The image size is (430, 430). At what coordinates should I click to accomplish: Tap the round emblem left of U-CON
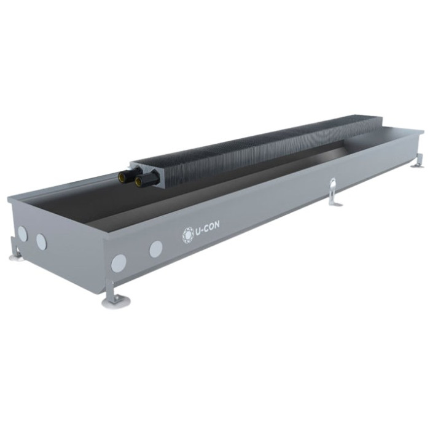tap(188, 235)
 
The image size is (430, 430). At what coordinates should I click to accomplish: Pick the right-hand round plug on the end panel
tap(41, 242)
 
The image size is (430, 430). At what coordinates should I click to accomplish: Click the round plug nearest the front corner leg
tap(119, 263)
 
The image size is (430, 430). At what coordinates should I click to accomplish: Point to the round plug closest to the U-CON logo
tap(156, 249)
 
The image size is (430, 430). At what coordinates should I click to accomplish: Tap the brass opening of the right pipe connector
tap(138, 181)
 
